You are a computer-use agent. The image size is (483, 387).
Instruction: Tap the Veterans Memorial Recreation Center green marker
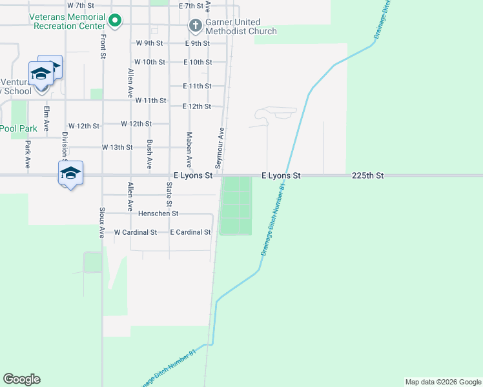(x=115, y=21)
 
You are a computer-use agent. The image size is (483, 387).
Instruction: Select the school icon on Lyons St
(x=70, y=173)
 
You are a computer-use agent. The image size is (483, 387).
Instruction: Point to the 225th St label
(x=368, y=175)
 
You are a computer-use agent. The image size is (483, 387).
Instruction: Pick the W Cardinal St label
(x=136, y=232)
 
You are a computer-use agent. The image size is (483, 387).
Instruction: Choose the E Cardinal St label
(x=190, y=232)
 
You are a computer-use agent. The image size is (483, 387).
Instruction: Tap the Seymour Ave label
(x=221, y=144)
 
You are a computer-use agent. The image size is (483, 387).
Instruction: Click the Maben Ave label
(x=189, y=150)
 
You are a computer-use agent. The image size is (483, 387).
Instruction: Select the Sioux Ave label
(x=102, y=223)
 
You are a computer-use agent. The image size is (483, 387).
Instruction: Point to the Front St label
(x=103, y=46)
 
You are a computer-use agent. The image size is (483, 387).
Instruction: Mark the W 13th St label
(x=117, y=148)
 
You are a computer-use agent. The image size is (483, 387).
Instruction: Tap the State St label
(x=169, y=193)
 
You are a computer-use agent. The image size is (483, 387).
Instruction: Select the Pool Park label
(x=18, y=128)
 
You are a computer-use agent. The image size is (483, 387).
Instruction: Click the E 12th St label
(x=197, y=106)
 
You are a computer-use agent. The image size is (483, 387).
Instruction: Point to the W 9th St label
(x=150, y=43)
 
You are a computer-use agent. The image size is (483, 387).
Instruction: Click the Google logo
(x=22, y=379)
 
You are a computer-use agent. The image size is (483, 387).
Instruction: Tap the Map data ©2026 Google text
(x=442, y=382)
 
